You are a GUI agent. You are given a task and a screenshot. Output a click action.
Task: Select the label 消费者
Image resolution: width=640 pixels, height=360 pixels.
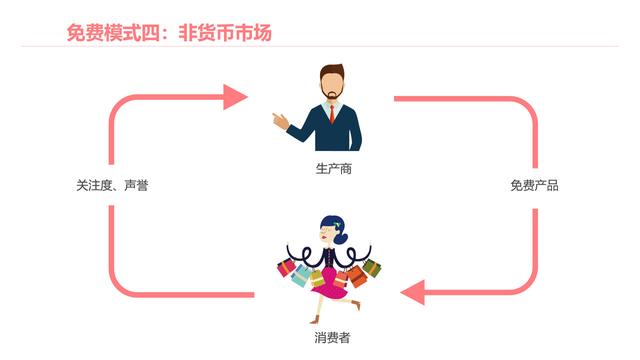[332, 338]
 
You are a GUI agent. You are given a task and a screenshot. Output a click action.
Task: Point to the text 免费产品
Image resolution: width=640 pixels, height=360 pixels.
[534, 186]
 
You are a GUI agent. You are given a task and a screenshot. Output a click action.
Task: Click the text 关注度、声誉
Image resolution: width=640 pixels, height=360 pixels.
[112, 186]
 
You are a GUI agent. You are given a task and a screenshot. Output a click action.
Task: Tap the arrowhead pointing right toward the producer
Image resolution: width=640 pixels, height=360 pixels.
[235, 97]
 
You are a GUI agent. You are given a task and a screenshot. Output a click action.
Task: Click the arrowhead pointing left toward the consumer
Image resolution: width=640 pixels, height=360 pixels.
[413, 293]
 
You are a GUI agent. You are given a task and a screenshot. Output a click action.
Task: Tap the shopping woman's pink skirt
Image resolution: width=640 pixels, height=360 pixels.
[329, 291]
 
